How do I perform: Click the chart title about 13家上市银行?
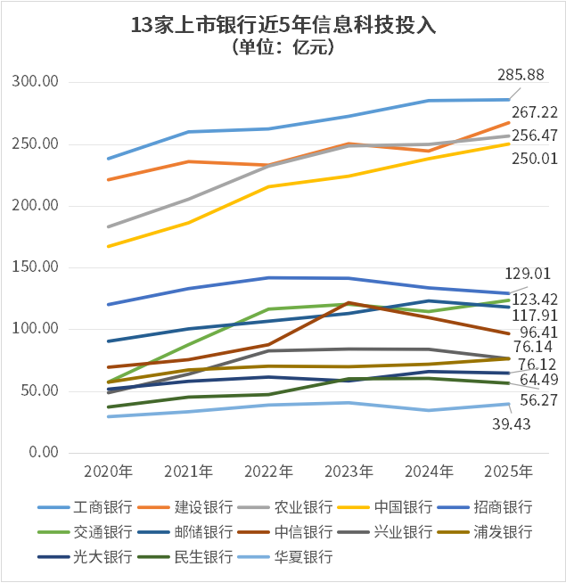[x=283, y=26]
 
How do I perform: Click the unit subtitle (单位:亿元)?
[x=283, y=48]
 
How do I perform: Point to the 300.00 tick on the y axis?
[x=37, y=82]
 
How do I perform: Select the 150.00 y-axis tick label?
[x=37, y=267]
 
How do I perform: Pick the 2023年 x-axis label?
[x=348, y=471]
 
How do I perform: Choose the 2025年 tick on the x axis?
[x=508, y=471]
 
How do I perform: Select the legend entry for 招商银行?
[x=500, y=507]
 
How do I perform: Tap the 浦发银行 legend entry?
[x=500, y=532]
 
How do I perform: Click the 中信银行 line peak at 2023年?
[x=348, y=303]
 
